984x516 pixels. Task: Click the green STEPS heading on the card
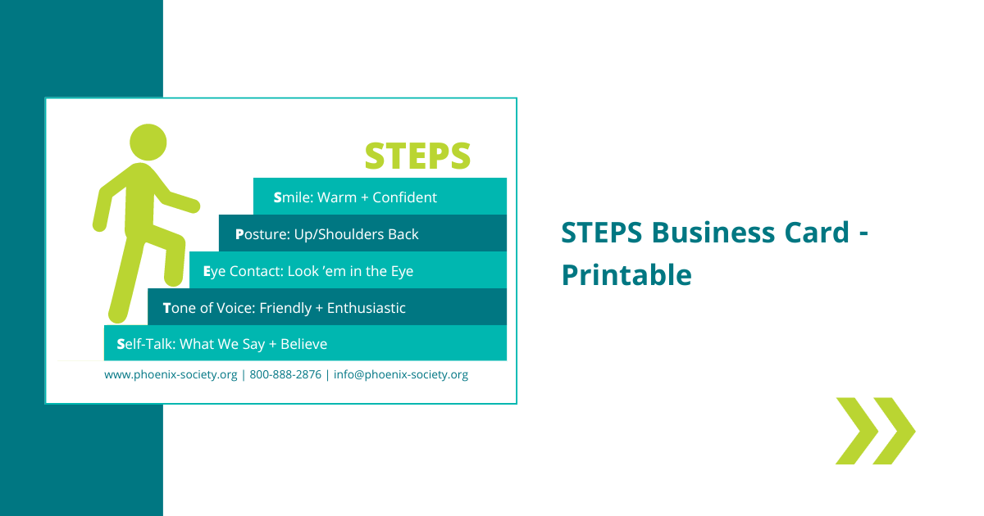(417, 156)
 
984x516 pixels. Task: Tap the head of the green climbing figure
(148, 143)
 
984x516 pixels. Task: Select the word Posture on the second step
(262, 234)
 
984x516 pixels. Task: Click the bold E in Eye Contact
(207, 271)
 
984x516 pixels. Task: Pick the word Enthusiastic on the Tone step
(367, 308)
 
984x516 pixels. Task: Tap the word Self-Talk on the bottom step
(145, 344)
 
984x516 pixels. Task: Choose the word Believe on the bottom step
(303, 344)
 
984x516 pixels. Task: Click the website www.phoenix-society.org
(171, 375)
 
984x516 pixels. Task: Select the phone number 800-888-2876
(285, 375)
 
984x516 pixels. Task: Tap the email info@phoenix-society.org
(401, 375)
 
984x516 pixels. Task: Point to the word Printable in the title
(626, 275)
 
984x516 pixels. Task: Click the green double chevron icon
(875, 431)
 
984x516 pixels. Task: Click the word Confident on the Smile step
(404, 197)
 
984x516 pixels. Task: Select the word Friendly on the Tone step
(285, 308)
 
